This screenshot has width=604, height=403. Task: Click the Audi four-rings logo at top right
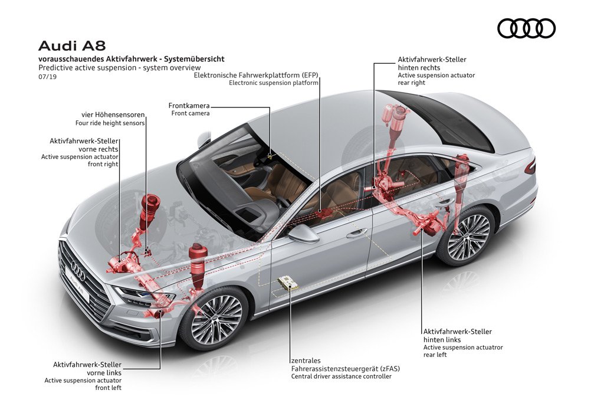tap(526, 28)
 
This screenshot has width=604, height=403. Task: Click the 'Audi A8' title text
tap(72, 46)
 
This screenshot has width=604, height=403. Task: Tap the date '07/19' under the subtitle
tap(47, 77)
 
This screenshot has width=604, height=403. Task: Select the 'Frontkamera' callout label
tap(189, 106)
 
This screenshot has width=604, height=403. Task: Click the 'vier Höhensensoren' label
tap(113, 115)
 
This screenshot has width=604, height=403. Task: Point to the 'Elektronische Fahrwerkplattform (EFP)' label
tap(256, 75)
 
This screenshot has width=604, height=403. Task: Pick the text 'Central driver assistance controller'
tap(342, 376)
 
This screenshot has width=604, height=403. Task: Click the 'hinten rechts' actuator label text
tap(419, 68)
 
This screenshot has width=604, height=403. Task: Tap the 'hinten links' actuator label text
tap(442, 340)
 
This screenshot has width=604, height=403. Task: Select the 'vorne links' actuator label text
tap(104, 373)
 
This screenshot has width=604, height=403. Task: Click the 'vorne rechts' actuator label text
tap(99, 149)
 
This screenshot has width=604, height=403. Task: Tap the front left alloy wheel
tap(214, 319)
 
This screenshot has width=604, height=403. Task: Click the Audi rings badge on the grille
tap(78, 271)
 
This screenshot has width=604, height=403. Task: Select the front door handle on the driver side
tap(357, 232)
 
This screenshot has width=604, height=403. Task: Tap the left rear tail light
tap(530, 166)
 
